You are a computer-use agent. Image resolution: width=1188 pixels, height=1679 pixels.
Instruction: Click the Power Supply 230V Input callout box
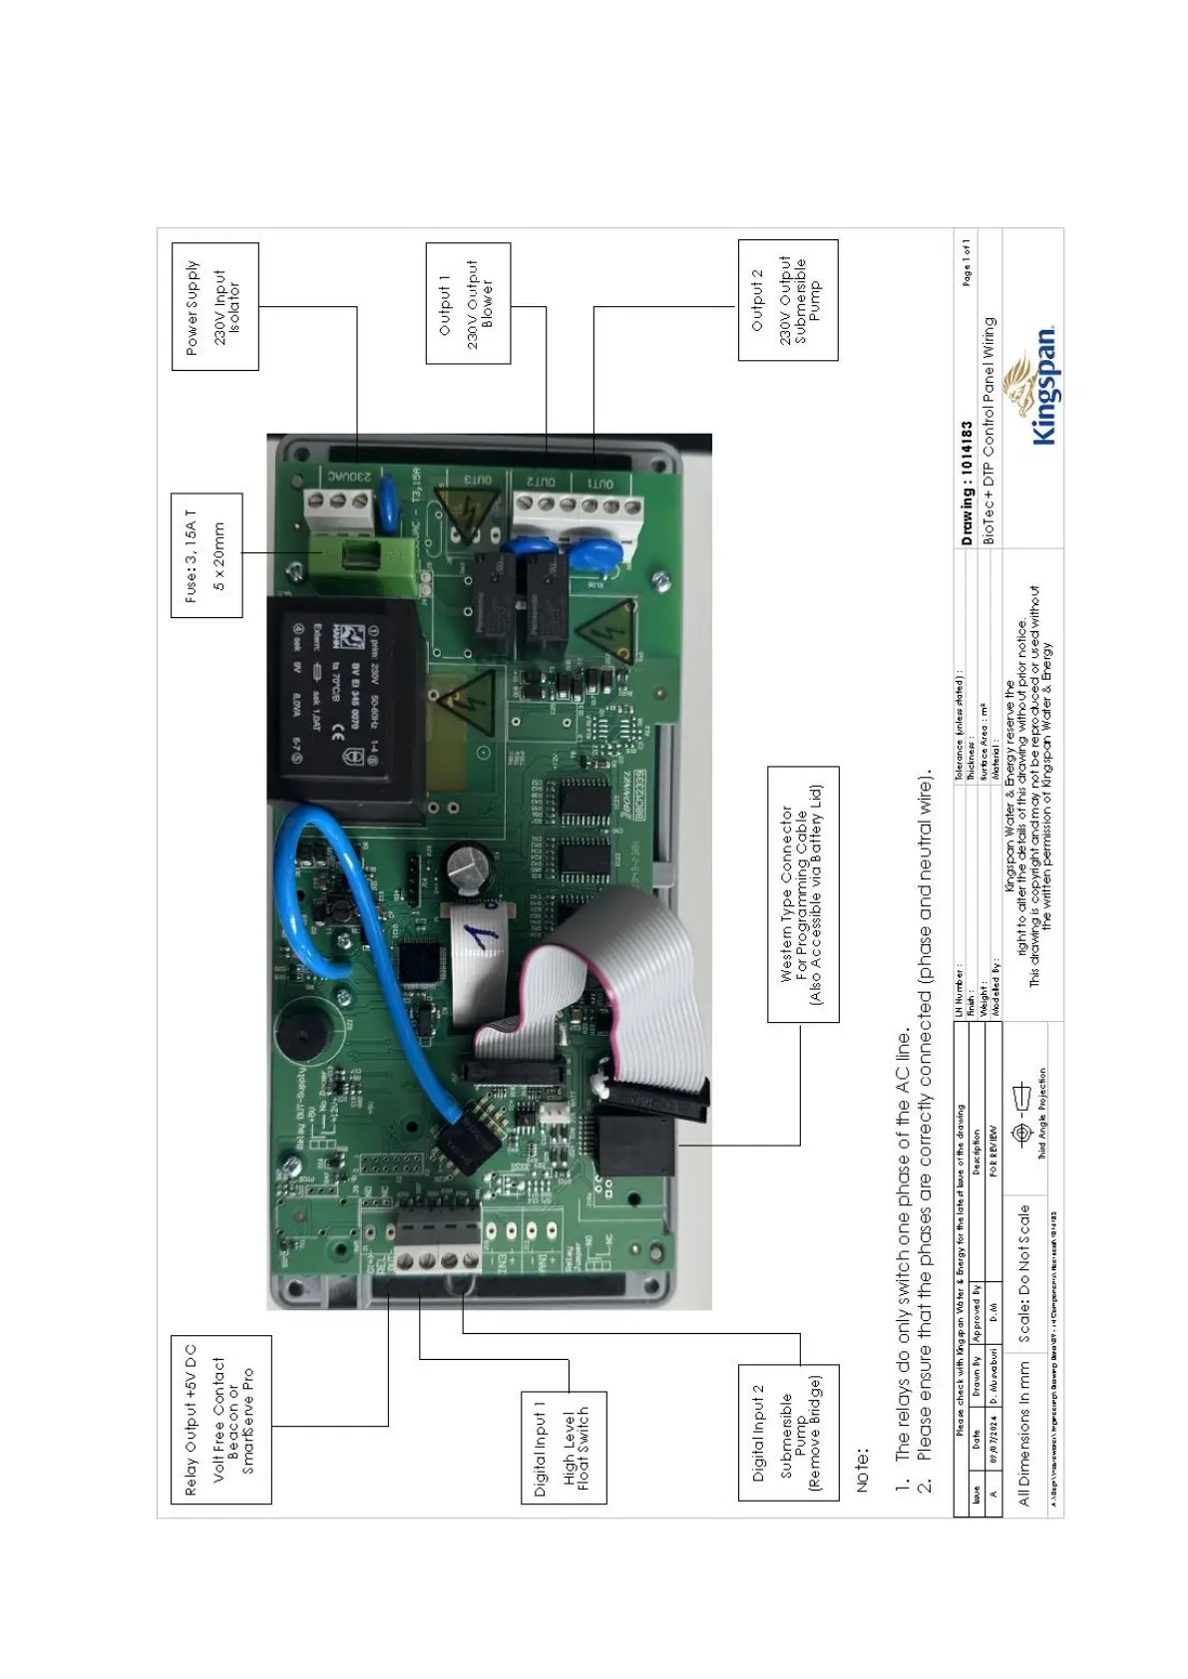pyautogui.click(x=214, y=306)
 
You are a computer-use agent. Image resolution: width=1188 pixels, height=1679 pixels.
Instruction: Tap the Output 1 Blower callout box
pyautogui.click(x=468, y=303)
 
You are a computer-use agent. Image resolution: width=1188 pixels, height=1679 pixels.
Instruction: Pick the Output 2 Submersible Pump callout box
pyautogui.click(x=787, y=300)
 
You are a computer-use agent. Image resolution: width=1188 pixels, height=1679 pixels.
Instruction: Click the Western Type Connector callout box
pyautogui.click(x=803, y=894)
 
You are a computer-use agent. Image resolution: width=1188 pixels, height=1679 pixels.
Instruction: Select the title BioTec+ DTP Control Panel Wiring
pyautogui.click(x=989, y=429)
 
